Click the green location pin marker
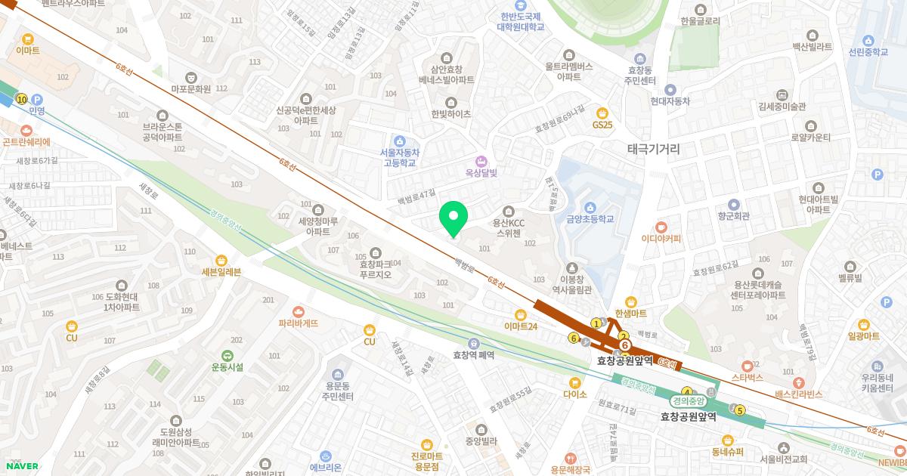(x=453, y=218)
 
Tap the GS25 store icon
(x=602, y=113)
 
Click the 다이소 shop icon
(x=574, y=382)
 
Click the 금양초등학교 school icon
(x=590, y=208)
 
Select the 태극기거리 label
(x=654, y=150)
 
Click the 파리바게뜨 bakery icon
(x=298, y=311)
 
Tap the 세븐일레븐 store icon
(x=221, y=260)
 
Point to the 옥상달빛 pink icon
(x=479, y=162)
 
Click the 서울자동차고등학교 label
(x=400, y=156)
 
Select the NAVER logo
(x=22, y=466)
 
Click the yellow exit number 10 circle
(x=21, y=99)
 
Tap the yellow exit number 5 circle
(x=740, y=410)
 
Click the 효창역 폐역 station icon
(x=473, y=342)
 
